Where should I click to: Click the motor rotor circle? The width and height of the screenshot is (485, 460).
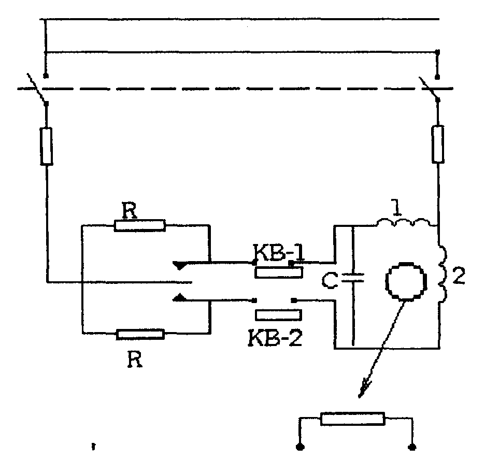point(406,281)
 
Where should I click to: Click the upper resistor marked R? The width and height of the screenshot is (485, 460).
point(139,225)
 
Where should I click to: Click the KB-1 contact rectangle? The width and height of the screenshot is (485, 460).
point(278,274)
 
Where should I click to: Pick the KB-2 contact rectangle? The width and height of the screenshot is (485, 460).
point(279,314)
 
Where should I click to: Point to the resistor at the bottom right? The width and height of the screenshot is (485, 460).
point(353,419)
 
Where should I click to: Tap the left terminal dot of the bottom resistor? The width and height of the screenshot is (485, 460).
point(299,447)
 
